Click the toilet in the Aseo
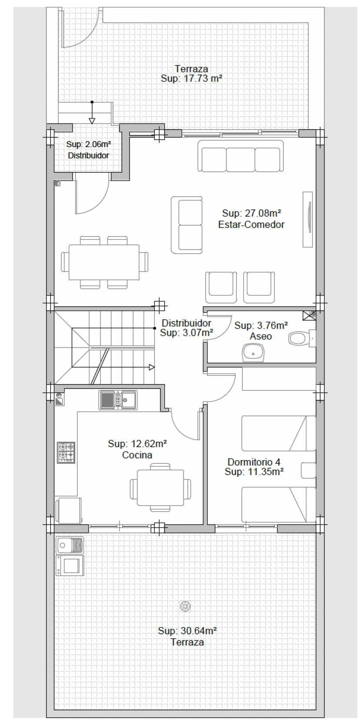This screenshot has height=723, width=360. point(302,338)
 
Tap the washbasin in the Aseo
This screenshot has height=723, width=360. point(253,353)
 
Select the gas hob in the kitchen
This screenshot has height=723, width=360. point(66,452)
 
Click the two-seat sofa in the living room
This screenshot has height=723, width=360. point(187,224)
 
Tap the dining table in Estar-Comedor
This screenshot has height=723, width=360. point(104,262)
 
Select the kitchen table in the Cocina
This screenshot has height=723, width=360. point(160,488)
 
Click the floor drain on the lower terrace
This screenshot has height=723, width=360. point(185,606)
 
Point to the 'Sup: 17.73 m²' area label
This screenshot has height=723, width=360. point(192,78)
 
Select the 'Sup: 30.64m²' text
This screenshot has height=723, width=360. point(187,631)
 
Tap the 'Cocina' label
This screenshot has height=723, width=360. point(137,455)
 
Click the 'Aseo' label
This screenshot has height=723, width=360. point(260,336)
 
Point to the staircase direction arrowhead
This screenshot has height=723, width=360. point(152,367)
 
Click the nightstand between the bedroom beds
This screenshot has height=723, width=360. point(308,470)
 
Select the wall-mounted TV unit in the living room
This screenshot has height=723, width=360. point(308,220)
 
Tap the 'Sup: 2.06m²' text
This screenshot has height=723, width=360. point(89,144)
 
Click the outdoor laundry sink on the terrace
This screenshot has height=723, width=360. point(70,546)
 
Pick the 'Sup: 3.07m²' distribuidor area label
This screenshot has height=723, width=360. point(187,333)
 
